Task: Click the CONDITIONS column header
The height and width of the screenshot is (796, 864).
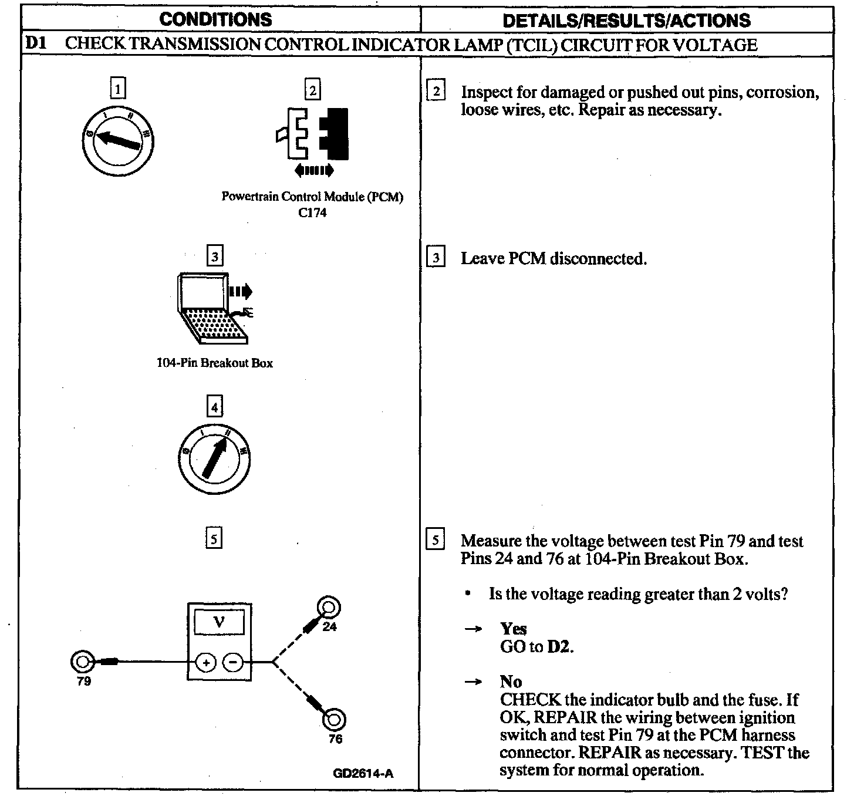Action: (x=215, y=19)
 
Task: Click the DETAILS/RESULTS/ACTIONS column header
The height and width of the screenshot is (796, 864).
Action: (x=626, y=21)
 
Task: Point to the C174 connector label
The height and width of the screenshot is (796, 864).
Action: (x=312, y=213)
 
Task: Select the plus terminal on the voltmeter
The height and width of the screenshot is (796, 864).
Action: (x=206, y=663)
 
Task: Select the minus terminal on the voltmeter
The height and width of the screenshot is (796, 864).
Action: (x=233, y=663)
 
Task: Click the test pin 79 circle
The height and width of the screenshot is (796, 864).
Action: (x=81, y=662)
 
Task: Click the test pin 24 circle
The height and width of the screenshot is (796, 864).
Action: (x=329, y=606)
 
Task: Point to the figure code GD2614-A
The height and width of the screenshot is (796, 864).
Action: (x=363, y=773)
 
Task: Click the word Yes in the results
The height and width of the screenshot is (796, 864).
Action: (x=514, y=629)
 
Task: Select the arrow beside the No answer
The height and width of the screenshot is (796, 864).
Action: (x=473, y=682)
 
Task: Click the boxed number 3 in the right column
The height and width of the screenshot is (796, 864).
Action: (x=435, y=258)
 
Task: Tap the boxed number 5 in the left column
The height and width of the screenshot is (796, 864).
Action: (x=214, y=538)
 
